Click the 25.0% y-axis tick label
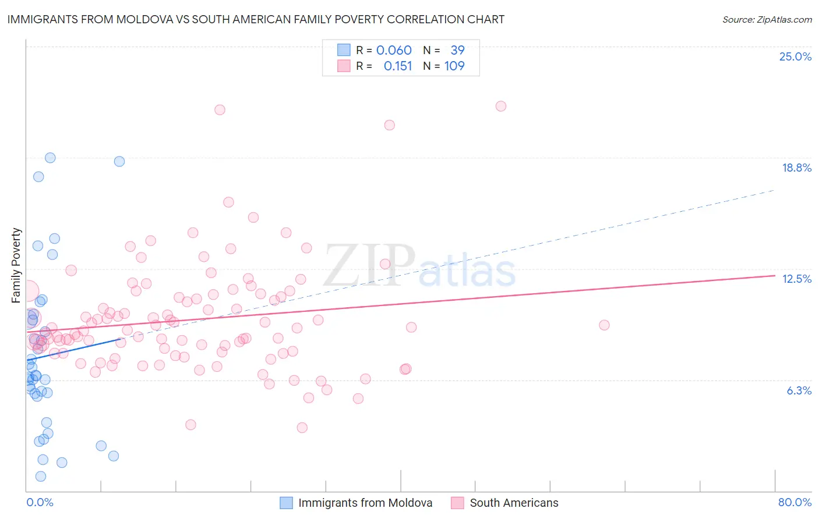pyautogui.click(x=795, y=56)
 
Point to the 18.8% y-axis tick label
pyautogui.click(x=796, y=168)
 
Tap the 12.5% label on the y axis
pyautogui.click(x=796, y=279)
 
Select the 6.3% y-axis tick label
pyautogui.click(x=799, y=390)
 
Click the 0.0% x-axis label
pyautogui.click(x=40, y=502)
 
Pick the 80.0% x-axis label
pyautogui.click(x=795, y=502)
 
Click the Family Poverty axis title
pyautogui.click(x=16, y=265)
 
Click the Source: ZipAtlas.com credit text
pyautogui.click(x=767, y=19)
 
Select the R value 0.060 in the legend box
pyautogui.click(x=394, y=50)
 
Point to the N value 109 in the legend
pyautogui.click(x=454, y=66)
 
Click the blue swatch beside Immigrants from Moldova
pyautogui.click(x=286, y=503)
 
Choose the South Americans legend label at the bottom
pyautogui.click(x=514, y=503)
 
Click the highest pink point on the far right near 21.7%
pyautogui.click(x=501, y=106)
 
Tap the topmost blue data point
pyautogui.click(x=50, y=158)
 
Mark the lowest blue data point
pyautogui.click(x=41, y=476)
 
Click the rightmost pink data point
pyautogui.click(x=604, y=325)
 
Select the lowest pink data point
pyautogui.click(x=302, y=428)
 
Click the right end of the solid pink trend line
pyautogui.click(x=775, y=275)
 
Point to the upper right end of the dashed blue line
pyautogui.click(x=774, y=190)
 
